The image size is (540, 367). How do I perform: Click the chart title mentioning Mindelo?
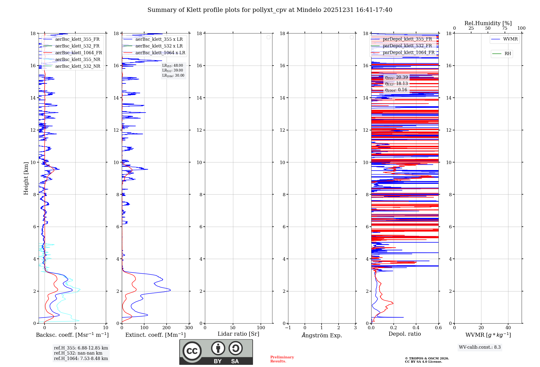pos(270,10)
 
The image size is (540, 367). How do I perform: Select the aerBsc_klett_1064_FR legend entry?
pos(78,53)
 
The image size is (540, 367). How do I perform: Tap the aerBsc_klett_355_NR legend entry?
pos(77,60)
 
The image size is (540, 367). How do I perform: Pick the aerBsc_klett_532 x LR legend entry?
pos(159,46)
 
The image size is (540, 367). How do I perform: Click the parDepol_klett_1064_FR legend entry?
pos(408,53)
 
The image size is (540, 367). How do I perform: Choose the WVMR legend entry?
pos(510,39)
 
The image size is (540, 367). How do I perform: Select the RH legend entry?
pos(507,54)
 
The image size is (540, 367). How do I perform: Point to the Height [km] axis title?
pos(26,178)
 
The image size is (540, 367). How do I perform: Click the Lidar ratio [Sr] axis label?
pos(238,334)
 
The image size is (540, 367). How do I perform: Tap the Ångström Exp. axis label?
pos(322,335)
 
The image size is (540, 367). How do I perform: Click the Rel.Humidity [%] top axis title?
pos(488,23)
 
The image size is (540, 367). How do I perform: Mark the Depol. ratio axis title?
pos(404,334)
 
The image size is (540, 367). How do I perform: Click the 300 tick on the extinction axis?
pos(189,328)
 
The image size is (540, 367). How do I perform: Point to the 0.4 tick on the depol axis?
pos(416,328)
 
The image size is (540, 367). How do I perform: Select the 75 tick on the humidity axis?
pos(505,28)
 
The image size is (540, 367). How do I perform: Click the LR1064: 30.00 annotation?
pos(173,76)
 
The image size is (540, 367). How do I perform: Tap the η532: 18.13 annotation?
pos(396,84)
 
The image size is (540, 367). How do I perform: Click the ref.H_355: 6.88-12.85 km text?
pos(81,348)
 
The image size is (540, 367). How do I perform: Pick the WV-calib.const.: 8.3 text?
pos(480,347)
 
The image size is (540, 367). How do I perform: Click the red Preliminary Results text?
pos(282,359)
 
